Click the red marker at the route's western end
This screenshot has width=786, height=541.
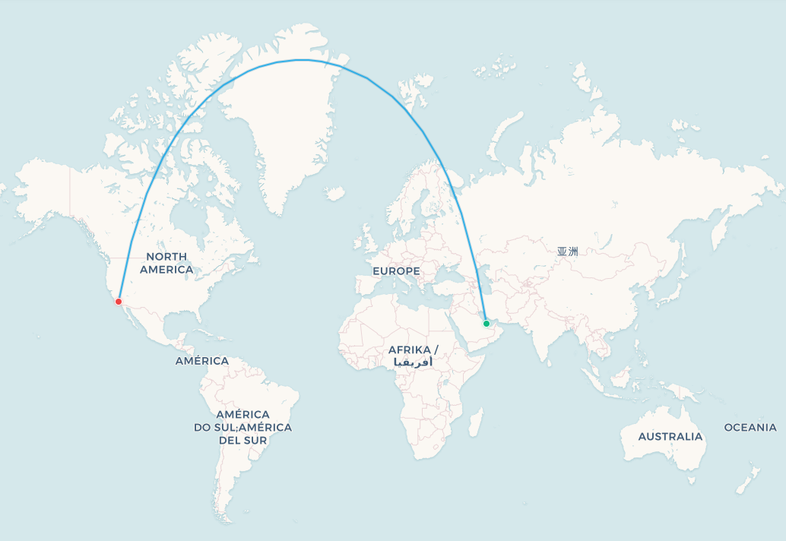click(118, 302)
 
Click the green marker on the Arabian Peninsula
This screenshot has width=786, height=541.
click(486, 324)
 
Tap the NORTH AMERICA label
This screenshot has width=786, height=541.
click(166, 263)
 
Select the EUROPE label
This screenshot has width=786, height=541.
click(396, 271)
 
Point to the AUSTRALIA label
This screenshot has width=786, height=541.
click(670, 436)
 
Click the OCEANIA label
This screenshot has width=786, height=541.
click(750, 428)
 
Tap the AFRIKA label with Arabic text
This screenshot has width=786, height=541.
click(413, 356)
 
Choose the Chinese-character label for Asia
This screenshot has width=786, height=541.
click(567, 252)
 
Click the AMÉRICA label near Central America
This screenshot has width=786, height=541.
click(201, 361)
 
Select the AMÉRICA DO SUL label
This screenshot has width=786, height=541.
click(242, 427)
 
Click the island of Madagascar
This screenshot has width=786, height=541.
click(475, 422)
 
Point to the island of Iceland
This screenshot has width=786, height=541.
click(335, 193)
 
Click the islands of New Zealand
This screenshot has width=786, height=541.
click(749, 479)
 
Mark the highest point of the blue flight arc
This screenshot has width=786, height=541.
click(303, 60)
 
